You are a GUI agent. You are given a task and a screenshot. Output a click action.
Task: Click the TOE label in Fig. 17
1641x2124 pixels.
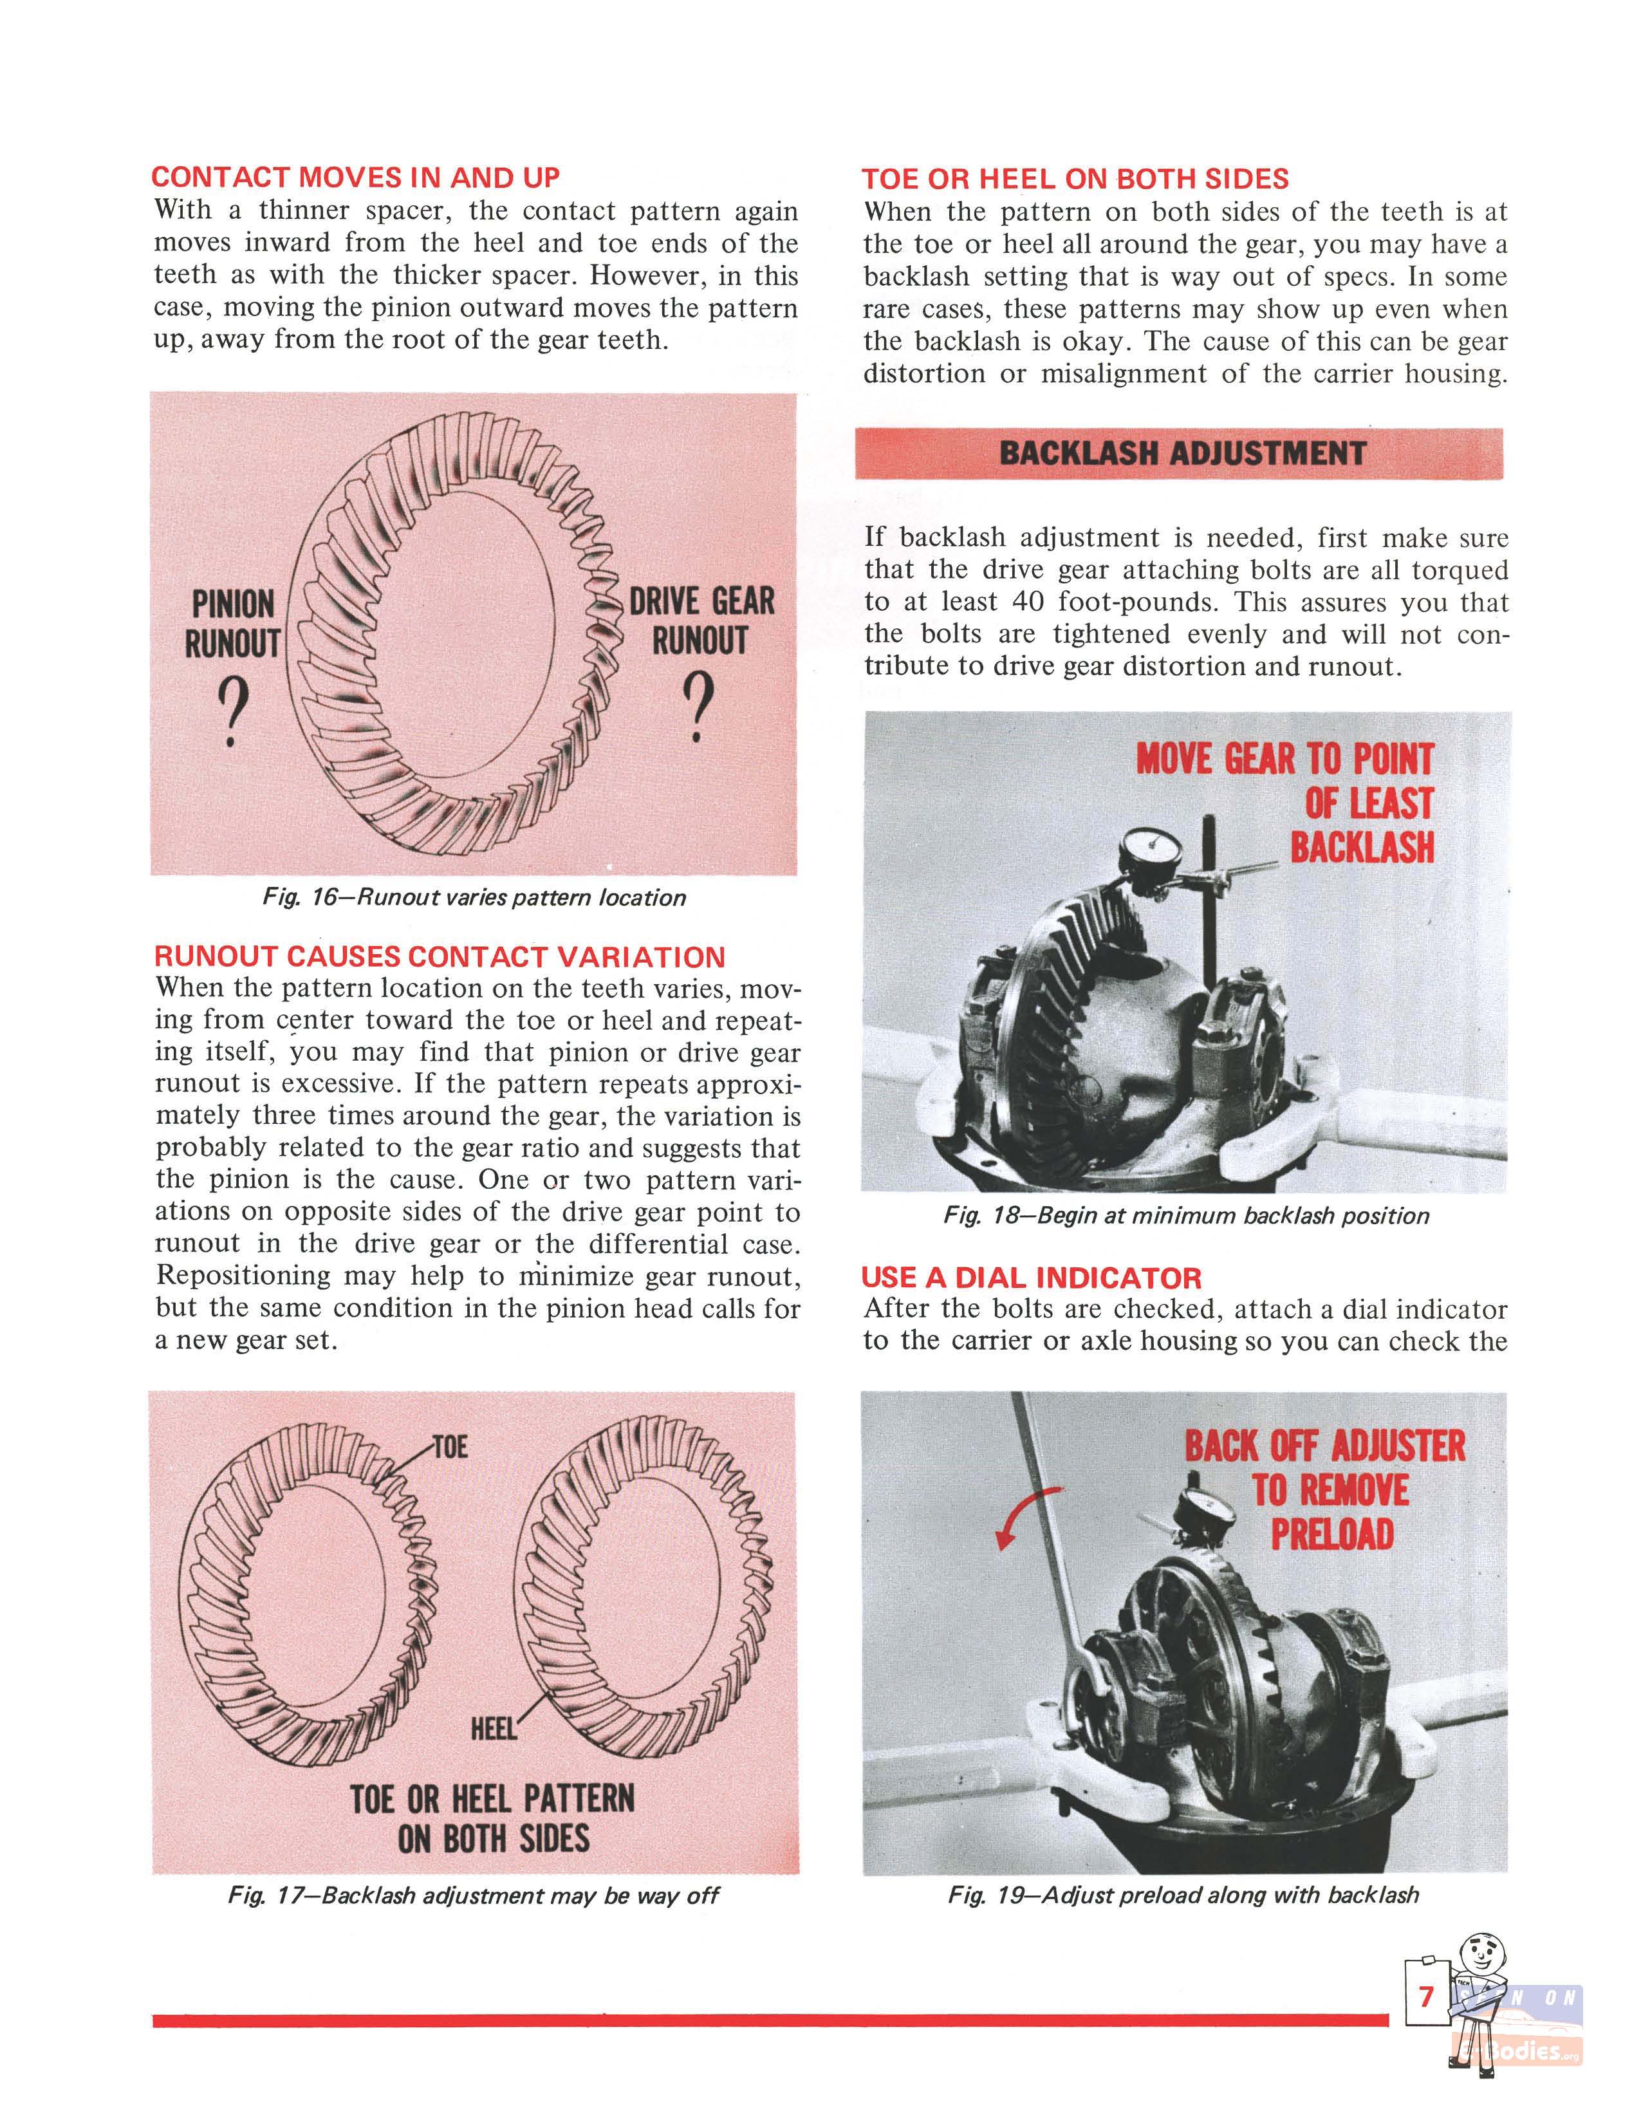point(450,1447)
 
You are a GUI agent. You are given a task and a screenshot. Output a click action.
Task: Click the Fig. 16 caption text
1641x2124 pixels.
point(474,898)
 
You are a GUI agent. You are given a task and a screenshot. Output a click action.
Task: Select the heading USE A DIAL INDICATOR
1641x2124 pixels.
point(1032,1278)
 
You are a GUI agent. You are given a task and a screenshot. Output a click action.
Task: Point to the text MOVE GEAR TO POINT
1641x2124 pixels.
point(1284,759)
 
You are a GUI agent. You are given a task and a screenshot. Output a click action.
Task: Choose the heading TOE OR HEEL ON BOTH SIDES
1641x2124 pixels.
point(1075,179)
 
